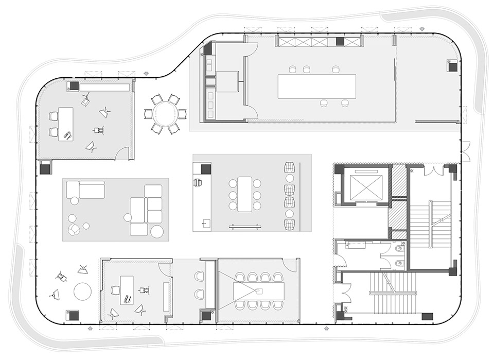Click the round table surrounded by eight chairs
(x=165, y=114)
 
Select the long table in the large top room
(x=316, y=86)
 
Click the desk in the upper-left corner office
(x=65, y=124)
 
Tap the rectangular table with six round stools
(x=244, y=194)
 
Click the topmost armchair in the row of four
(x=290, y=168)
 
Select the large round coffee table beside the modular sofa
(x=157, y=232)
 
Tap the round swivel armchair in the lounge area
(x=75, y=230)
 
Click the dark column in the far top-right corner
(x=452, y=66)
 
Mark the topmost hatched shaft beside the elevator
(x=399, y=181)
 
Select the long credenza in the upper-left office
(x=104, y=88)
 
